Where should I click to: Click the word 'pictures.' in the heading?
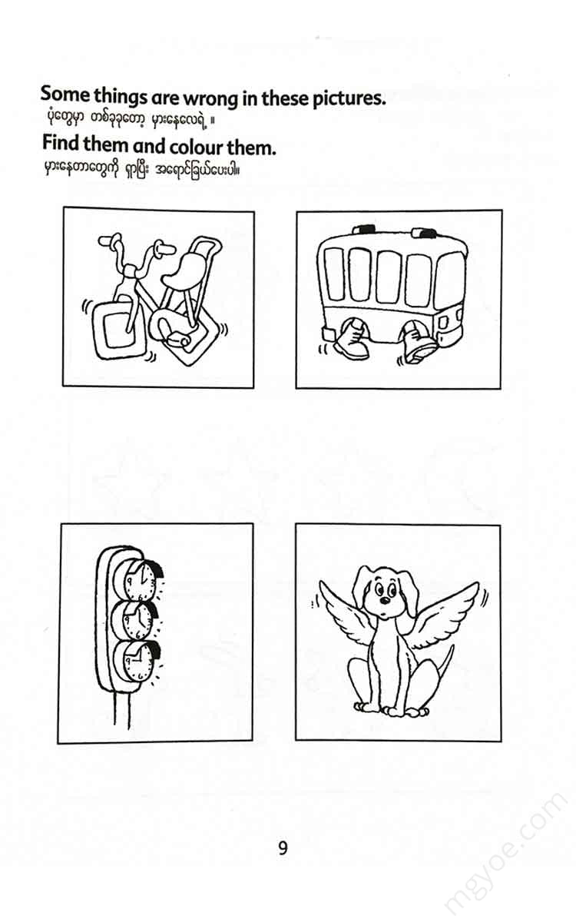click(349, 99)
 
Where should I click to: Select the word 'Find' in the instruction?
click(61, 143)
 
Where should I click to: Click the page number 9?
click(283, 848)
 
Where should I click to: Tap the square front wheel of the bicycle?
click(118, 330)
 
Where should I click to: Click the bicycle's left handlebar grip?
click(110, 240)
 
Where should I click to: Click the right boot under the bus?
click(418, 341)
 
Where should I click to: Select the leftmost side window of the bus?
click(333, 274)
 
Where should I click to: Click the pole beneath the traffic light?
click(121, 709)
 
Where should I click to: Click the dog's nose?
click(384, 601)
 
